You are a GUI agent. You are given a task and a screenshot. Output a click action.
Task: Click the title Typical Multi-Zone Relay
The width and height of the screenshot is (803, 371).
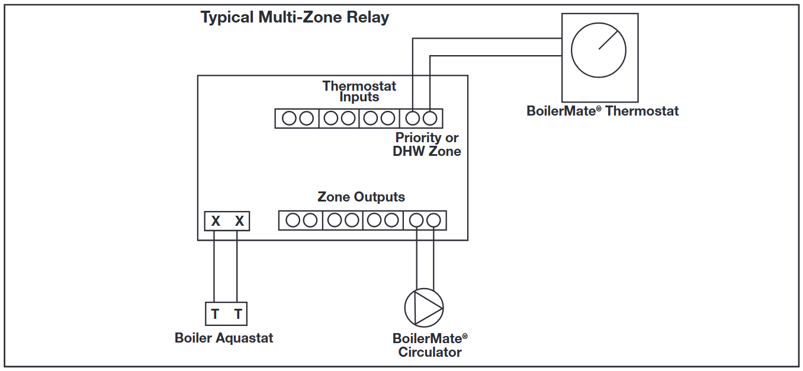coord(294,17)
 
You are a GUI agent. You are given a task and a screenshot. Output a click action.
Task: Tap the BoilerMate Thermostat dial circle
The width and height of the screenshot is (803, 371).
coord(599,50)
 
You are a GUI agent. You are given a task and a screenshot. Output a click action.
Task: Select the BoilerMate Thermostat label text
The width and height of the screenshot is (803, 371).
coord(602,111)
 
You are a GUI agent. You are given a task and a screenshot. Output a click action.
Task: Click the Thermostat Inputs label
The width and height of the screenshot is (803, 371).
coord(359,91)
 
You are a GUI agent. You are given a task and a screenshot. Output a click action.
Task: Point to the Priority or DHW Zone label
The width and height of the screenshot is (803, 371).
coord(427,144)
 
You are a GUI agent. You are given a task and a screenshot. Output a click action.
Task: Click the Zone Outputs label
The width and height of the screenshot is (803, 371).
coord(361,197)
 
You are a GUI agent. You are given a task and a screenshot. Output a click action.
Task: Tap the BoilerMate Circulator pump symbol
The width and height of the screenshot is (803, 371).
coord(424,307)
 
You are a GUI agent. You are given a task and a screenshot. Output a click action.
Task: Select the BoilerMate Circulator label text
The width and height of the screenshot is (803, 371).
coord(430,346)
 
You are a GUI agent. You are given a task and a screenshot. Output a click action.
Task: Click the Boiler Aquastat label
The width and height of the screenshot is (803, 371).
coord(224,338)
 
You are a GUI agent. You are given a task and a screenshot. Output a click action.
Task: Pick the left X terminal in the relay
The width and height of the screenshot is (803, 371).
coord(216,221)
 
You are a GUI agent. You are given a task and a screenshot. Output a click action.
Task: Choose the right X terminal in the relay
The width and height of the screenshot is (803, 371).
coord(239,221)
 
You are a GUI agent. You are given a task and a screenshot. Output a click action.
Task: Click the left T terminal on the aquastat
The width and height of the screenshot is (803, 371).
coord(215,314)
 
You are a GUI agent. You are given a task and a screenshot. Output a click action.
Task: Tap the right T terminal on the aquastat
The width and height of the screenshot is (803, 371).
coord(238,314)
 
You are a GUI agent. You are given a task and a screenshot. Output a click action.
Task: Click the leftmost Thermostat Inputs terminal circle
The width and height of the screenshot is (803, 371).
coord(289,119)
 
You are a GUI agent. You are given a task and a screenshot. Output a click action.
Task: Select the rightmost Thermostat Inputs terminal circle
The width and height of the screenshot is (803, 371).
coord(430,119)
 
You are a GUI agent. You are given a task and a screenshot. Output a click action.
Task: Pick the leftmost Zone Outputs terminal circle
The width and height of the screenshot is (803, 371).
coord(293,220)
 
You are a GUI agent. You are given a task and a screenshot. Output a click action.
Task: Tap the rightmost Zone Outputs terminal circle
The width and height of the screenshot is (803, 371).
coord(433,220)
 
